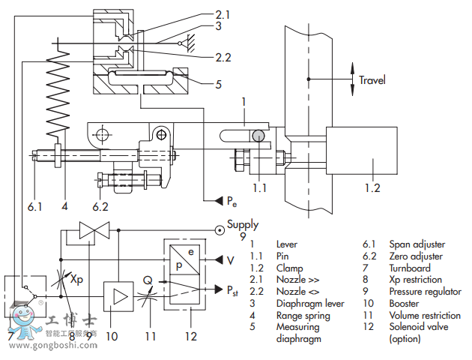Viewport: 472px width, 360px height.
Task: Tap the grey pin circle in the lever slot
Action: coord(258,136)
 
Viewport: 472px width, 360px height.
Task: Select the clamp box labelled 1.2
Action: coord(362,158)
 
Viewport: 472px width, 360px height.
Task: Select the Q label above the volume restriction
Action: coord(148,279)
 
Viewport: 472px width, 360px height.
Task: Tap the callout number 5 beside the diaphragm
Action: coord(218,85)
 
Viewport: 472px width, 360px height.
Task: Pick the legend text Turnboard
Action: coord(411,268)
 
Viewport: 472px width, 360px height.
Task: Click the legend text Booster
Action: coord(405,304)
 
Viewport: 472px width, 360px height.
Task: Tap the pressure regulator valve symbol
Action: coord(95,231)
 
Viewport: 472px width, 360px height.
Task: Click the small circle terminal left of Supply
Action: coord(219,229)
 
